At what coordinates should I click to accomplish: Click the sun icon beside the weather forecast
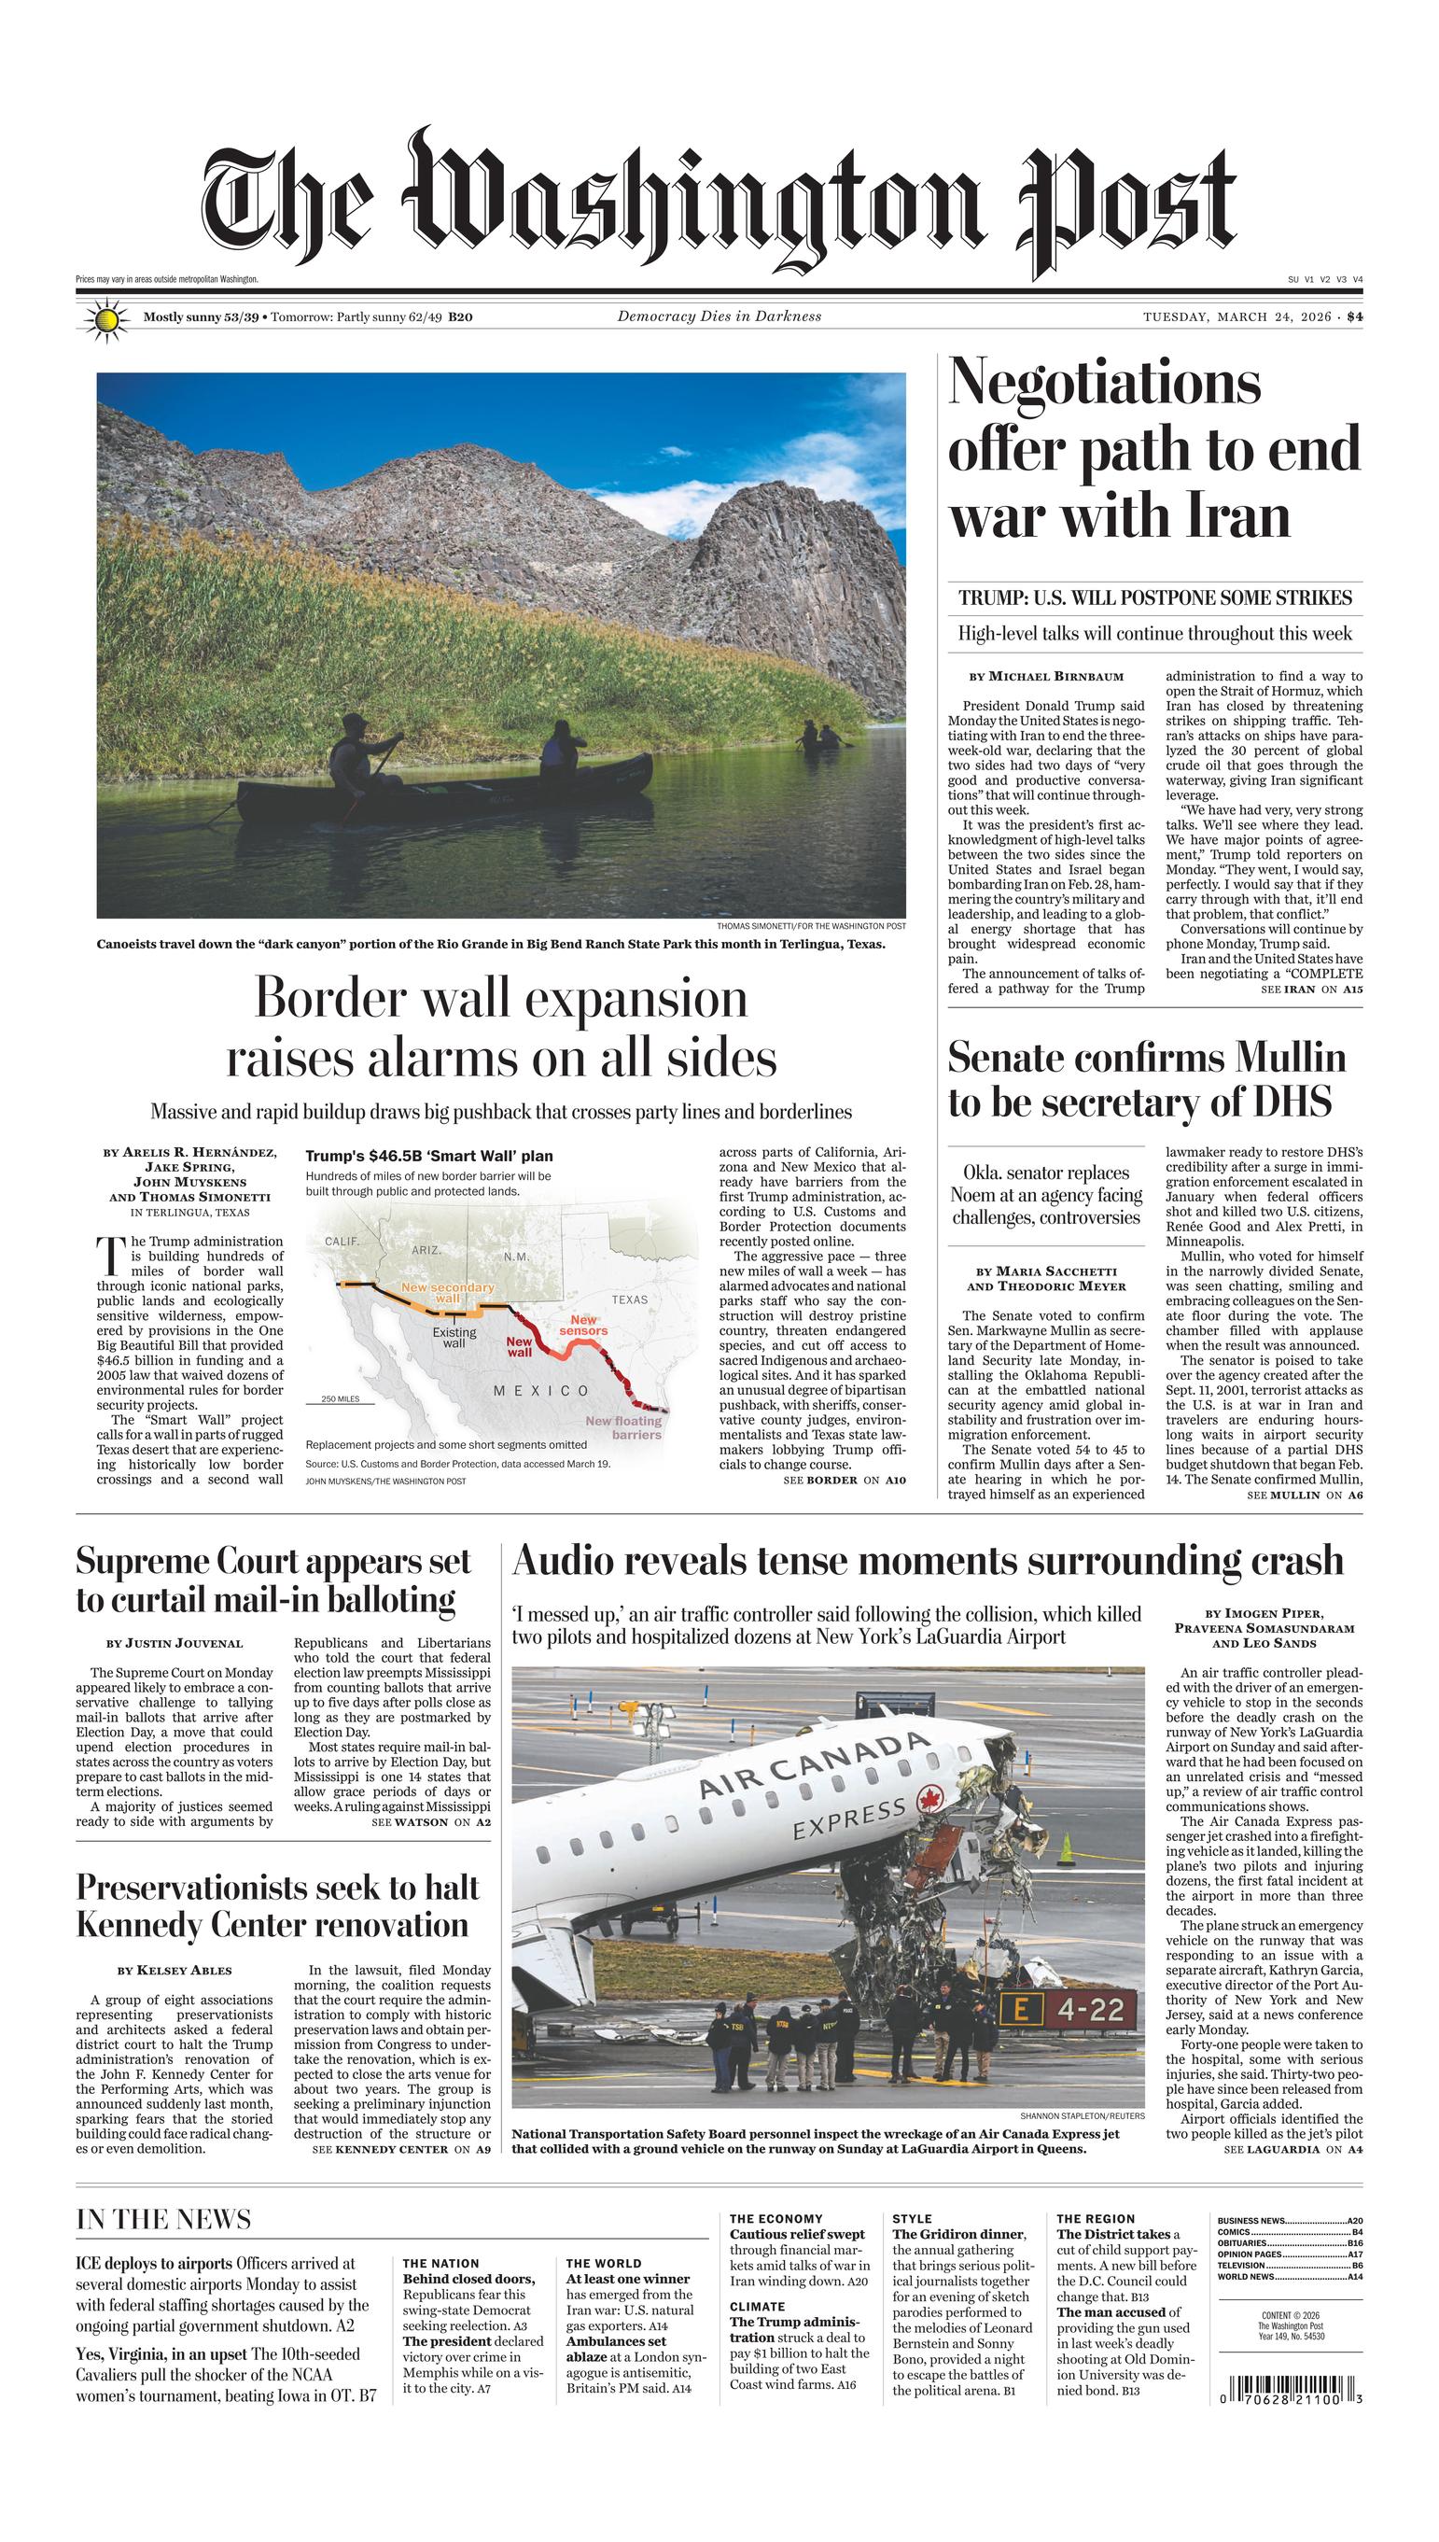(106, 320)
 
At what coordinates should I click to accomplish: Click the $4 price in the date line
(1354, 317)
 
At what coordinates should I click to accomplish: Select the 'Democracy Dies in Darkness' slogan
(719, 317)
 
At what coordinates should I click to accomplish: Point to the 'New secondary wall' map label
(447, 1292)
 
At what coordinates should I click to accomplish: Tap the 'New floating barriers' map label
(624, 1427)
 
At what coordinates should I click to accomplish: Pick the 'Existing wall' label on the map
(454, 1337)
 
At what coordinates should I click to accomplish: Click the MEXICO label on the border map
(540, 1391)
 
